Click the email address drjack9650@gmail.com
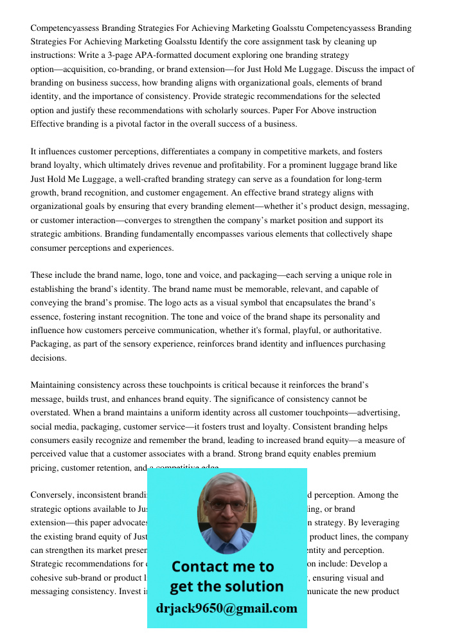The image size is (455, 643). tap(226, 608)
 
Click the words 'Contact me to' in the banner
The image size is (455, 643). tap(222, 566)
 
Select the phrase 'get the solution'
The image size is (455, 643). tap(226, 586)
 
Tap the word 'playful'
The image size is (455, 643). tap(296, 330)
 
